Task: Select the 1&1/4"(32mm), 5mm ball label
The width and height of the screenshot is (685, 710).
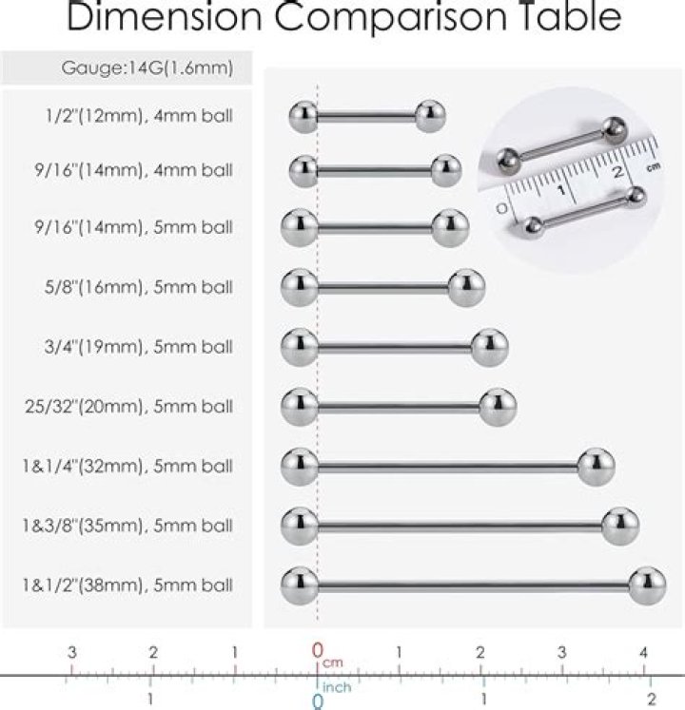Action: (128, 467)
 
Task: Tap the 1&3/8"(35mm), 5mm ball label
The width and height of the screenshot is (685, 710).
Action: (128, 525)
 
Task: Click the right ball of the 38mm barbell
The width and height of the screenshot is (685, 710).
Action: (647, 583)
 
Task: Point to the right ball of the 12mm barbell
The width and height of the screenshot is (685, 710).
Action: (430, 116)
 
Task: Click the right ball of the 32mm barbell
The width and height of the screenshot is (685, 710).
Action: (597, 466)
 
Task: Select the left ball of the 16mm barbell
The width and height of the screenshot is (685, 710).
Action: (300, 287)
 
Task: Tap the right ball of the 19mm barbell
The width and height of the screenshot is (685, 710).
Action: (489, 346)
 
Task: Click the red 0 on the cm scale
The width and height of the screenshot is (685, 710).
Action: (318, 651)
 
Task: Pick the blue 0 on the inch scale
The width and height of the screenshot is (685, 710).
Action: (318, 701)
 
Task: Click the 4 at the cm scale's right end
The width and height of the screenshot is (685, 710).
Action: (644, 652)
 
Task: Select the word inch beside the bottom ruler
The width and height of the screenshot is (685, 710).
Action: (338, 686)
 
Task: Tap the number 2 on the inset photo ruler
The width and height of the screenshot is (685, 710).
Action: (617, 172)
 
